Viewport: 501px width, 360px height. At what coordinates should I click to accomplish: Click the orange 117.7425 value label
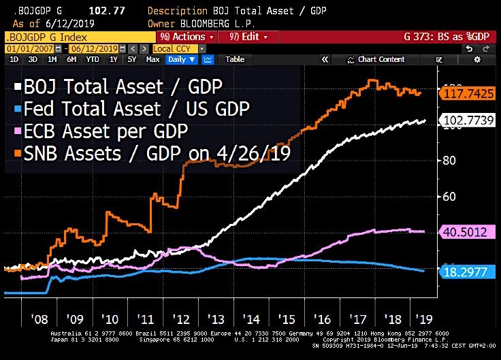coord(466,95)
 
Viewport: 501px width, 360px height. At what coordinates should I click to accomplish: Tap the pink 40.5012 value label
coord(466,232)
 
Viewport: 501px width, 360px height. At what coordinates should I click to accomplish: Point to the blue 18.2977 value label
coord(466,272)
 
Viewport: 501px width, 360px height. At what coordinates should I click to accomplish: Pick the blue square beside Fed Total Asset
coord(15,109)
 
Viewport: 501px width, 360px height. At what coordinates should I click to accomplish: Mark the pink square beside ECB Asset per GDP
coord(15,131)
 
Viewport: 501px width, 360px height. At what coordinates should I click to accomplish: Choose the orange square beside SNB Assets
coord(15,154)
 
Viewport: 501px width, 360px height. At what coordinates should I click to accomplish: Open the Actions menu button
coord(187,36)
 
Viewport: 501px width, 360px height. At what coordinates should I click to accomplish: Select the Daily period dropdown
coord(182,59)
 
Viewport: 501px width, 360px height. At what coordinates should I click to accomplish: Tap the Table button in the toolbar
coord(235,59)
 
